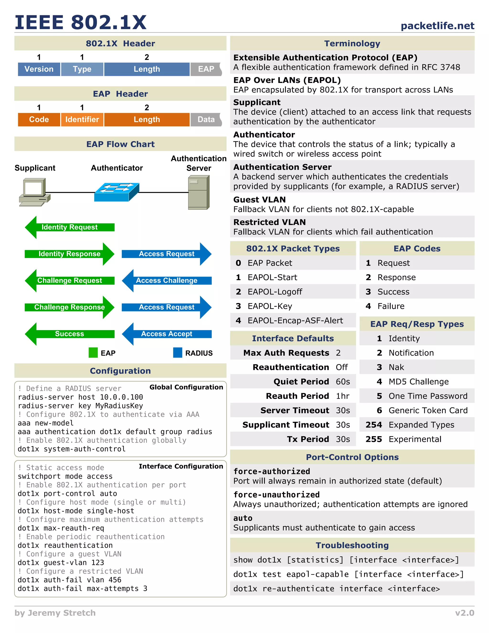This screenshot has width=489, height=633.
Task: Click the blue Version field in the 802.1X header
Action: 39,69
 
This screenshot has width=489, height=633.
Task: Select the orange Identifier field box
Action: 82,120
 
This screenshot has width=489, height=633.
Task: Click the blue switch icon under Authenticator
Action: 117,192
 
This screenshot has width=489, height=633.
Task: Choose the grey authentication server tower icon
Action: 198,193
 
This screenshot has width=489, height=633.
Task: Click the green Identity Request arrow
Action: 69,227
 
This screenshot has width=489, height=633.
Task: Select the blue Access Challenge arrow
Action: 167,281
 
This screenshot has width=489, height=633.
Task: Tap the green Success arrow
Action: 69,334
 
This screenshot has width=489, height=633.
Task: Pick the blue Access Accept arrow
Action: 167,334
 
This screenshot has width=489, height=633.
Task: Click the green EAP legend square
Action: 93,353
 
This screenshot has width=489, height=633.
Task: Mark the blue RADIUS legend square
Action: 178,353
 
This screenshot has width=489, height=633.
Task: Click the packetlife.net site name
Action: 437,26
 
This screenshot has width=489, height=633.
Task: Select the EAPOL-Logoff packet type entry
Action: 275,292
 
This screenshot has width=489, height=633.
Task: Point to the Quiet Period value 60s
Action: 343,382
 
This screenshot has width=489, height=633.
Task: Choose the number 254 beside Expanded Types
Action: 373,425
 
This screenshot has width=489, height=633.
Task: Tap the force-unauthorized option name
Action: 276,495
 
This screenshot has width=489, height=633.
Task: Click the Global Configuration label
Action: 186,387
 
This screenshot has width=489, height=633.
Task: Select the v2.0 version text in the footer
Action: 464,613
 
